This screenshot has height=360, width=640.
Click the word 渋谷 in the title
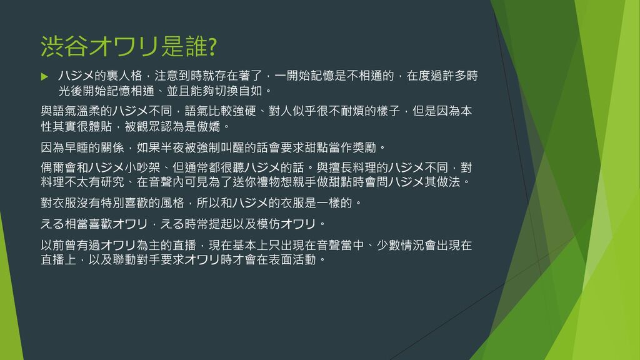pos(64,46)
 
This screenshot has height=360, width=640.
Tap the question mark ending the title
pos(212,46)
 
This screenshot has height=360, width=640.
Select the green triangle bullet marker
pos(44,76)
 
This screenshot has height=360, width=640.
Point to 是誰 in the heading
pos(184,46)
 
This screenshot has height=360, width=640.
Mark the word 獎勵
pos(364,147)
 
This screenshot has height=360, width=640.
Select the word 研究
pos(112,182)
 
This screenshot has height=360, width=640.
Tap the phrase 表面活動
pos(292,259)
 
